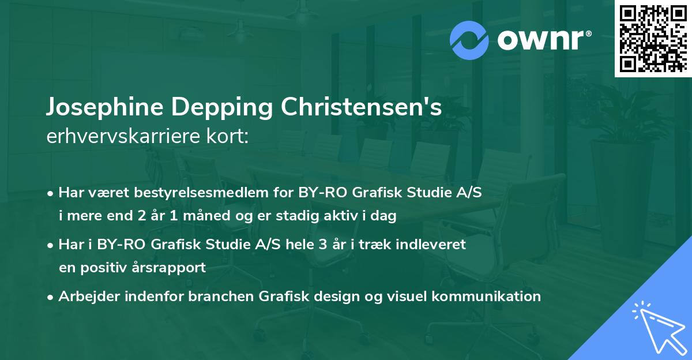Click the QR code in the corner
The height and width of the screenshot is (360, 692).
pos(652,38)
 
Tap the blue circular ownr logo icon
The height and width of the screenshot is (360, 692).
pos(469,40)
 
